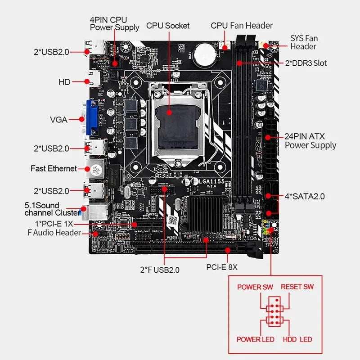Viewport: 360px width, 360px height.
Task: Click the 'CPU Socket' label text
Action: (x=168, y=26)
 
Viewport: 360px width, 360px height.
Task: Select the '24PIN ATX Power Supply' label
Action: (x=310, y=141)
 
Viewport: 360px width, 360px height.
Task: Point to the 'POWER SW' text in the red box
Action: (x=255, y=287)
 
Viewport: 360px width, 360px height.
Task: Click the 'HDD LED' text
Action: (x=297, y=339)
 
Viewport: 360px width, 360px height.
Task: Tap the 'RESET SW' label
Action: (x=297, y=287)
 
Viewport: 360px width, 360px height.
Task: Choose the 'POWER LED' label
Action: (x=255, y=339)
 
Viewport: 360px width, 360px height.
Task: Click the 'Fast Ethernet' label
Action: (x=54, y=168)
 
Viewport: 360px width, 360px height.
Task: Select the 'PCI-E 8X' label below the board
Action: (x=222, y=267)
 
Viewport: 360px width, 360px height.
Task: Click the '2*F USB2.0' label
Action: (x=160, y=270)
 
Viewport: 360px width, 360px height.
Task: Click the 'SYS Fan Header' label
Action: (x=303, y=42)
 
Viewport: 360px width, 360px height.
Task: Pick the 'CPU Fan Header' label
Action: (x=242, y=26)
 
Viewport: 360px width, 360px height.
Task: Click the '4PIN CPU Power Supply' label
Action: (x=114, y=23)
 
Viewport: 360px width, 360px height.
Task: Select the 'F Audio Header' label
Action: (x=54, y=233)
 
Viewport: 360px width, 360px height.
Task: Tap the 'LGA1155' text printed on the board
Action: (x=205, y=181)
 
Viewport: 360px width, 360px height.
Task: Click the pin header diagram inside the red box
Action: (x=274, y=313)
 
